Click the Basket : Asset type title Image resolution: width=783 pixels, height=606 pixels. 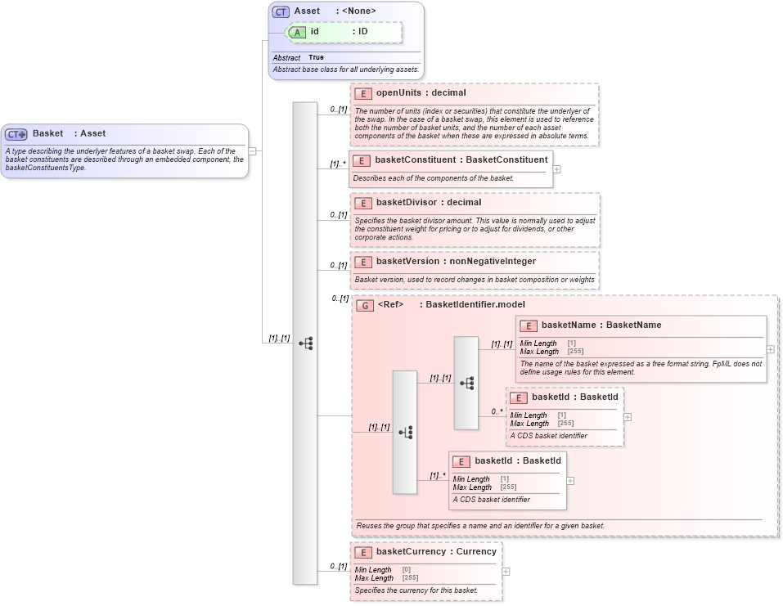[69, 133]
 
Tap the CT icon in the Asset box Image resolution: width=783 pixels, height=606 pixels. [281, 11]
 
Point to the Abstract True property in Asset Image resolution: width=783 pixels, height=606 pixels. [299, 58]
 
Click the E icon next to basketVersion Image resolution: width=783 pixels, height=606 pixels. [363, 262]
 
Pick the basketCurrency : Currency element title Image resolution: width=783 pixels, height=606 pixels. [435, 551]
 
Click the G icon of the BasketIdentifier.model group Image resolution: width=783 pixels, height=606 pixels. [366, 305]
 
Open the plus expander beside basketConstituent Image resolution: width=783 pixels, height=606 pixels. [557, 169]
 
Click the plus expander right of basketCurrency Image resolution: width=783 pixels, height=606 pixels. [506, 572]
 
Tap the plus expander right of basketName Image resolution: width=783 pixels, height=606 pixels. [770, 349]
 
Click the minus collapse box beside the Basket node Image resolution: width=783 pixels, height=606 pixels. [252, 151]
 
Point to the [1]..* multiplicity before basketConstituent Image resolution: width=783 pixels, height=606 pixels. [337, 164]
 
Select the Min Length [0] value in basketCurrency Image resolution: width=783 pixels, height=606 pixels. [407, 569]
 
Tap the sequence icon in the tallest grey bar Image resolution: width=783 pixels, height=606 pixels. [305, 343]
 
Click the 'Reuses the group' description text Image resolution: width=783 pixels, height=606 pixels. [480, 525]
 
